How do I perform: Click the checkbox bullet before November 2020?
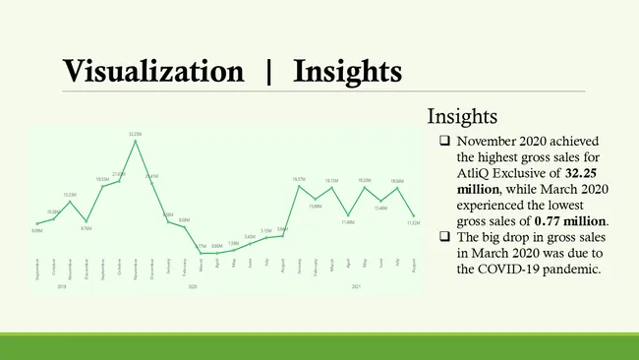click(444, 144)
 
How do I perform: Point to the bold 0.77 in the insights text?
click(550, 221)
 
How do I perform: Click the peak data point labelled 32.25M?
click(136, 141)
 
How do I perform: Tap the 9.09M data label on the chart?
click(36, 231)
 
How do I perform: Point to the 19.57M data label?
click(299, 179)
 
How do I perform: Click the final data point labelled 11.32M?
click(414, 215)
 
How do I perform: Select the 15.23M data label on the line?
click(70, 195)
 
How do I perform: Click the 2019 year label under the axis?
click(61, 287)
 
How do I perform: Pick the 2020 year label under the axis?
click(193, 287)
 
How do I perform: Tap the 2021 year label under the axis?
click(356, 287)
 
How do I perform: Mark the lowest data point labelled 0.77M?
click(202, 253)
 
